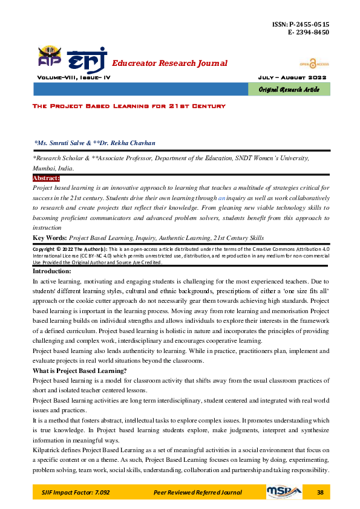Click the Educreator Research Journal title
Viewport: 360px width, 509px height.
point(171,63)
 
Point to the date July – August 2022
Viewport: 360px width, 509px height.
point(293,78)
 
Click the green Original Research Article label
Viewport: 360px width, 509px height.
point(290,89)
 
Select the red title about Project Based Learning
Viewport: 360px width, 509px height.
point(128,106)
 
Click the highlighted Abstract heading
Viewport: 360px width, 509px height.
point(47,178)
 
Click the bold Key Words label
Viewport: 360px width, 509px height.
point(50,238)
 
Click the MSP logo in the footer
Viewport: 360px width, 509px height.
point(284,493)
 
